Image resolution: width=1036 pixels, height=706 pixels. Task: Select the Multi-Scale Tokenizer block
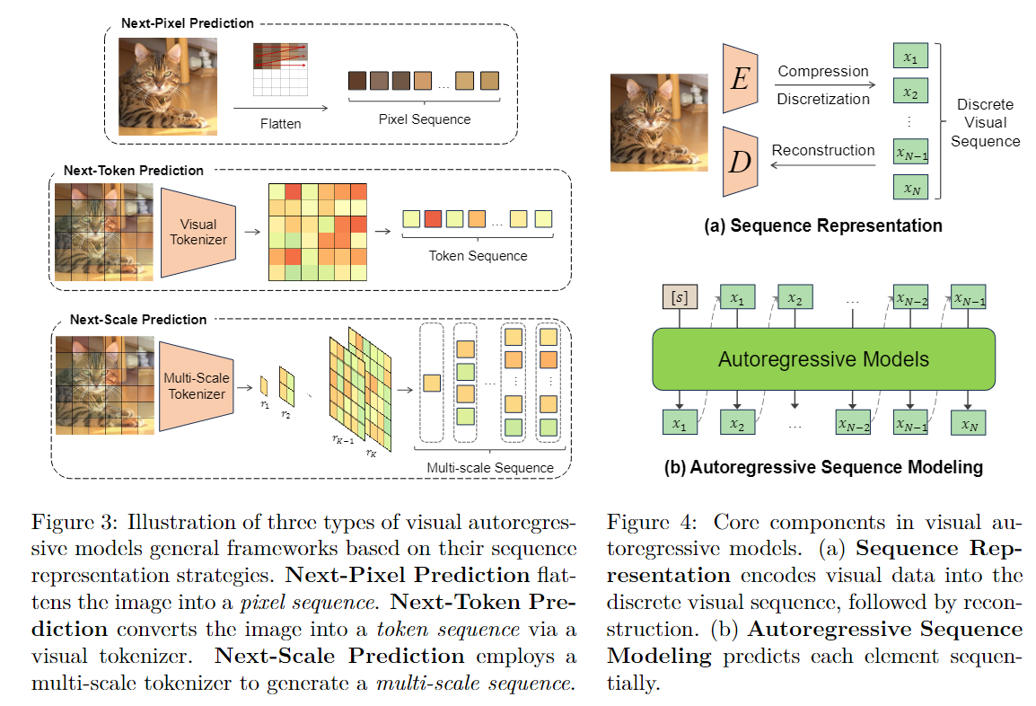(197, 385)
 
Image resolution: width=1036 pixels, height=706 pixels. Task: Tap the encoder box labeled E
(741, 79)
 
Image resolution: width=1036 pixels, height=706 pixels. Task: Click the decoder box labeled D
(741, 162)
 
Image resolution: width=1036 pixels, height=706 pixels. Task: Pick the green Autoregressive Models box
(822, 359)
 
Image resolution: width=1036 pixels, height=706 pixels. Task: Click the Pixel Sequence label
(424, 119)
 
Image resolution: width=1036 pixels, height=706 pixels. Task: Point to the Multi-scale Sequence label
(490, 467)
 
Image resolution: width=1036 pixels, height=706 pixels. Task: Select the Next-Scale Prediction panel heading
(138, 319)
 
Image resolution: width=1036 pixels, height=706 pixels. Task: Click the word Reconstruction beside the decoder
(822, 150)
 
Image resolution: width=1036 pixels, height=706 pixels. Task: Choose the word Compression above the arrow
(823, 71)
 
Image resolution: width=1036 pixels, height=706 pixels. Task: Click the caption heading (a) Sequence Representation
(822, 225)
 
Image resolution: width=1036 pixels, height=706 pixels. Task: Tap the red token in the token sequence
(434, 219)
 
